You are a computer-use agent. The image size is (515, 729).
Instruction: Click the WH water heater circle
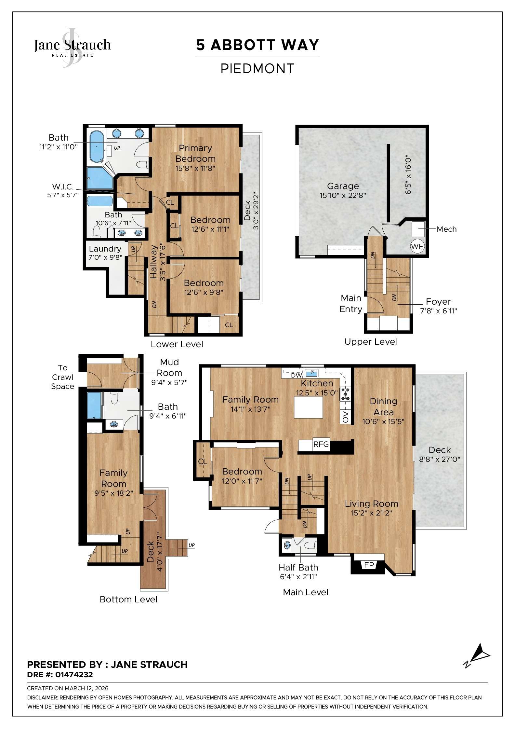[417, 246]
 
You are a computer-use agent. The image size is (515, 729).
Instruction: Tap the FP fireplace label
[369, 565]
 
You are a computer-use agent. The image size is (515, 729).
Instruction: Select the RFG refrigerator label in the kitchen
[321, 444]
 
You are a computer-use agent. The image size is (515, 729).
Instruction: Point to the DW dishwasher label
[296, 375]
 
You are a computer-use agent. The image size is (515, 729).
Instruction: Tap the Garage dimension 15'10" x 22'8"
[343, 195]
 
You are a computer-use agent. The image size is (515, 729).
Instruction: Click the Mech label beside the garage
[446, 229]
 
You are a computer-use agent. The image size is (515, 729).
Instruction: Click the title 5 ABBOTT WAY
[257, 45]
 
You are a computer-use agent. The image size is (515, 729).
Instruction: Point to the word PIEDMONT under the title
[257, 69]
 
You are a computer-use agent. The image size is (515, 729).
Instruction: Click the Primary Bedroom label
[195, 153]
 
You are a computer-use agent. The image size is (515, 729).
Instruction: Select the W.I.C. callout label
[63, 187]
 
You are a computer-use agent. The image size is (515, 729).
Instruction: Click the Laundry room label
[105, 249]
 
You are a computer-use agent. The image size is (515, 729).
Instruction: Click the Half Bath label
[298, 567]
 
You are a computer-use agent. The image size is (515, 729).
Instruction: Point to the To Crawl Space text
[62, 377]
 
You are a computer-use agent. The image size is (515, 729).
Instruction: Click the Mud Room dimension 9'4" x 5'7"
[169, 382]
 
